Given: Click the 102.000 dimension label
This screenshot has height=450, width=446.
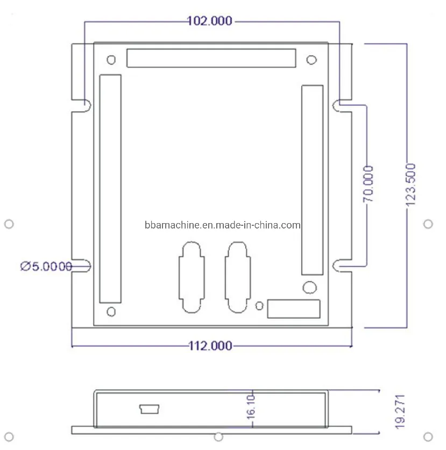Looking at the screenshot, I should point(210,21).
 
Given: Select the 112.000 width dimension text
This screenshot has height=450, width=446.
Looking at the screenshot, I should point(210,346).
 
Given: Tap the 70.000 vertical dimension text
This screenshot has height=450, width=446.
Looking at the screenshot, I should point(369,184).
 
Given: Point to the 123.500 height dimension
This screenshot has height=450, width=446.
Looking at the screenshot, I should point(411,185).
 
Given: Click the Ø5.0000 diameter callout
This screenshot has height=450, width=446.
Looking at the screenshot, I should point(46,266).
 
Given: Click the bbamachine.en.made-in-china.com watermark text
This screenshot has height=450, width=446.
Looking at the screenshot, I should point(222,225).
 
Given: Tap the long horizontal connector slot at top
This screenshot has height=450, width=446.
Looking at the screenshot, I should point(211,58).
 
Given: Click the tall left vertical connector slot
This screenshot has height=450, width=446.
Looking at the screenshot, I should point(110,188).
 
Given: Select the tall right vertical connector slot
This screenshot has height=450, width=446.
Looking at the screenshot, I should point(312,180).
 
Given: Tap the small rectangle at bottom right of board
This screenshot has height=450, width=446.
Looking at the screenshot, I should point(294,309).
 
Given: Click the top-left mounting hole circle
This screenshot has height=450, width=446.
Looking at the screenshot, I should point(111,60).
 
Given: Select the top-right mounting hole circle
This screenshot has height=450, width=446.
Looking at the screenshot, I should point(311,60).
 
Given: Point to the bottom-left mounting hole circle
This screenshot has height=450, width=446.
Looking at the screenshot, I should point(111,311).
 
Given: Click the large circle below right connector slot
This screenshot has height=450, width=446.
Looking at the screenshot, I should point(309,287).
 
